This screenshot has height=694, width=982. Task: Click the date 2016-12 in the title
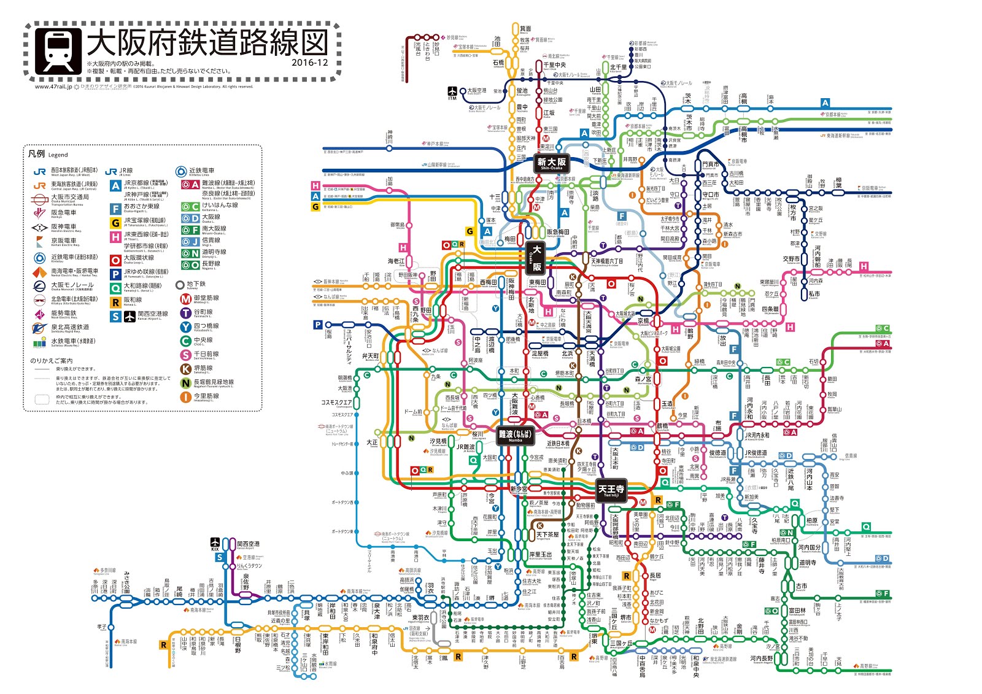[x=310, y=63]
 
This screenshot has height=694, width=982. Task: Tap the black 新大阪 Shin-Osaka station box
[x=551, y=163]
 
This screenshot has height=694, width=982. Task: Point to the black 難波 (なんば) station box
[x=514, y=435]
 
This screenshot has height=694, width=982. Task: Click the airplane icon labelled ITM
[x=452, y=92]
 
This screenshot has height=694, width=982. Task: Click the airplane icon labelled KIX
[x=215, y=544]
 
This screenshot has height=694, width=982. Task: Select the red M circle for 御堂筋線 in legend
[x=185, y=299]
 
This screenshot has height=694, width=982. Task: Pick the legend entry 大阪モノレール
[x=72, y=285]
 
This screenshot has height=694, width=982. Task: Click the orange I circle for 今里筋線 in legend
[x=185, y=397]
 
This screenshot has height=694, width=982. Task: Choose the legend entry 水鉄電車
[x=72, y=341]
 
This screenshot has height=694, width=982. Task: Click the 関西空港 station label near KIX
[x=249, y=544]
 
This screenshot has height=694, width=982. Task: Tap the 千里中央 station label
[x=554, y=64]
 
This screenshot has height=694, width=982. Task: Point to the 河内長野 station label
[x=761, y=658]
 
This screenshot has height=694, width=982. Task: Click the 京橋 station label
[x=643, y=321]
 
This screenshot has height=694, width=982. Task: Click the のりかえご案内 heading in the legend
[x=52, y=361]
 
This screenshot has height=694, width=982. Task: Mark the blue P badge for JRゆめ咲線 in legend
[x=115, y=274]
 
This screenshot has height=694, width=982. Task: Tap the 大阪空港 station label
[x=476, y=90]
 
